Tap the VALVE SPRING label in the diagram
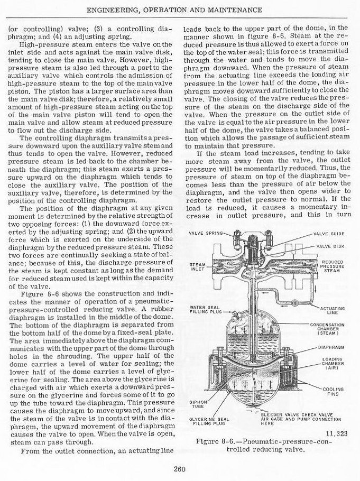click(206, 233)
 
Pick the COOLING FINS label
click(333, 391)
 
